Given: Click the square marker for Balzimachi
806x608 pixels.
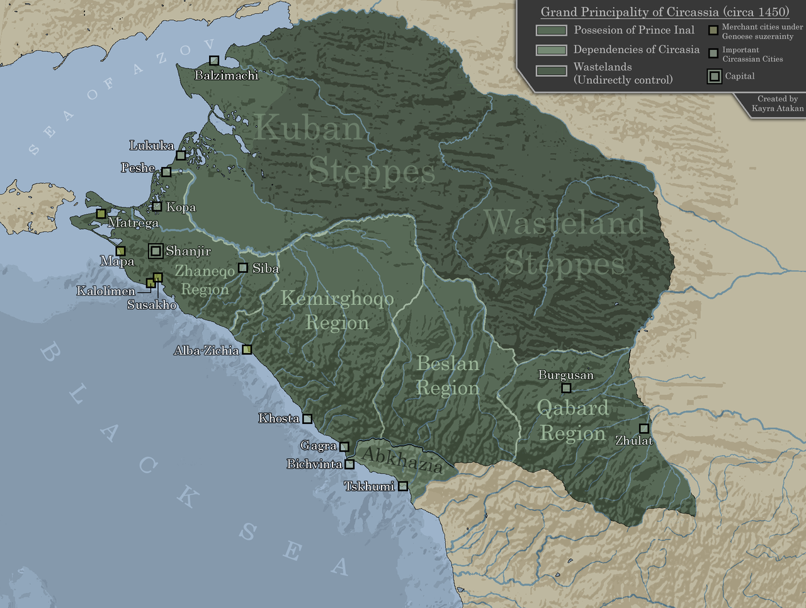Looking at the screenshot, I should tap(214, 60).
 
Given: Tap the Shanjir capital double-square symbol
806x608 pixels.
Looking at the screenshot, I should tap(156, 251).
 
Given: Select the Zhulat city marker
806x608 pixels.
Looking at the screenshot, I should tap(644, 428).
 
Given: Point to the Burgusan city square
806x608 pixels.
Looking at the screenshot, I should tap(566, 388).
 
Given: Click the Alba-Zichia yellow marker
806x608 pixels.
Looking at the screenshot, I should tap(247, 349).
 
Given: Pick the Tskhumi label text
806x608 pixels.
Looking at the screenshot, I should tap(369, 486).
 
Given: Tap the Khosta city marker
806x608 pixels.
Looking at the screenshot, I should tap(307, 418).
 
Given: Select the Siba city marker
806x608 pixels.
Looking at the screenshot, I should tap(243, 268).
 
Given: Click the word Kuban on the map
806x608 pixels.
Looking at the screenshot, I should tap(309, 129).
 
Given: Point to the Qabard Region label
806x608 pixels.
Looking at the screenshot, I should tap(572, 420).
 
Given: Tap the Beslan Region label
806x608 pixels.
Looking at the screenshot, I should tap(448, 376).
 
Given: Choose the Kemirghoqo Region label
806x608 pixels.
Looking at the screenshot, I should tap(337, 310).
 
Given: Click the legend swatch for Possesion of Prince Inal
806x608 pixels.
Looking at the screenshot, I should tap(551, 30).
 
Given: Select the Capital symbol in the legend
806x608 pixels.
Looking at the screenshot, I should tap(714, 76).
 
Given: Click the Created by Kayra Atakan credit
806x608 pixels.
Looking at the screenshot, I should tap(777, 103).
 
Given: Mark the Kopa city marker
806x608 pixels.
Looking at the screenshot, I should tap(157, 207).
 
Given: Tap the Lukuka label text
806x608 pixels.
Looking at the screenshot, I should tap(152, 146).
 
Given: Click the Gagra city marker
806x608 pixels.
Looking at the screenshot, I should tap(344, 447).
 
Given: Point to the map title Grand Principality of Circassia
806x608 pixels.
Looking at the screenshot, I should tap(664, 12).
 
